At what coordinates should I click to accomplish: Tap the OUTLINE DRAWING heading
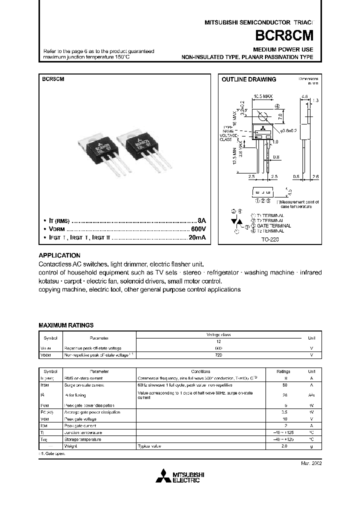pyautogui.click(x=248, y=79)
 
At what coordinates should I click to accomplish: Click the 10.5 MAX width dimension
pyautogui.click(x=263, y=95)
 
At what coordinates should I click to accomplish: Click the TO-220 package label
pyautogui.click(x=270, y=239)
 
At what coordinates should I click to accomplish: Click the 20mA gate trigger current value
pyautogui.click(x=196, y=238)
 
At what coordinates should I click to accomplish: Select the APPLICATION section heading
pyautogui.click(x=59, y=255)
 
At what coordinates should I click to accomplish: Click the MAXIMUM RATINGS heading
pyautogui.click(x=66, y=325)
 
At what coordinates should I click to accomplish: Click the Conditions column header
pyautogui.click(x=200, y=371)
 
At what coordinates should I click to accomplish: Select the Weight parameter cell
pyautogui.click(x=70, y=445)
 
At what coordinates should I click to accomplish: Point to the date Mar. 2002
pyautogui.click(x=311, y=463)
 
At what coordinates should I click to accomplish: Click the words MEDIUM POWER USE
pyautogui.click(x=283, y=50)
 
